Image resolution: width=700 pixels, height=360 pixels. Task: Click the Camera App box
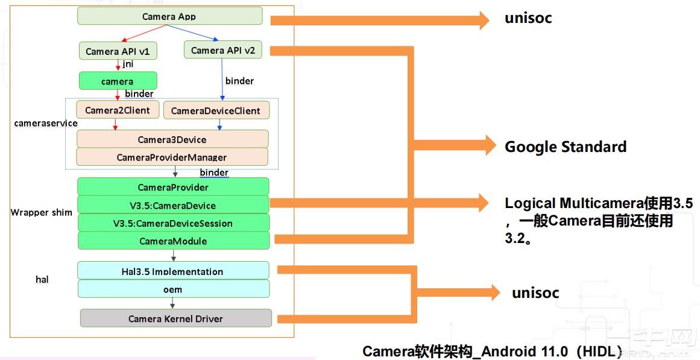coord(169,16)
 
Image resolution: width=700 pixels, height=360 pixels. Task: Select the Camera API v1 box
coord(118,51)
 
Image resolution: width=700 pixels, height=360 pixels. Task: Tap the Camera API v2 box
coord(222,50)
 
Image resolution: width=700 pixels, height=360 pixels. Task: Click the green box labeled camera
coord(118,81)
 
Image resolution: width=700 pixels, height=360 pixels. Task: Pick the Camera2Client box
coord(118,110)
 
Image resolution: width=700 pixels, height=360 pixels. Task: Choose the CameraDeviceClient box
coord(216,110)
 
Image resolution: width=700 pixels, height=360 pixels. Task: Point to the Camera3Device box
coord(172,139)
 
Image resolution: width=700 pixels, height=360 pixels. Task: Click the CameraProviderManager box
coord(172,157)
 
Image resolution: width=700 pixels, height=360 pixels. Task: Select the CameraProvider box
coord(173,187)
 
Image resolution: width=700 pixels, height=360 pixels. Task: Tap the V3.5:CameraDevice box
coord(173,205)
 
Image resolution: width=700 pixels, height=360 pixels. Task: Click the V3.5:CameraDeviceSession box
coord(173,223)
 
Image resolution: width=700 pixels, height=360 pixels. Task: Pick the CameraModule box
coord(173,241)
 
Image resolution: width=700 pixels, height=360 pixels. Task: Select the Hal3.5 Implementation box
coord(173,271)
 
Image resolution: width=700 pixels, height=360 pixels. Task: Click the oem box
coord(173,289)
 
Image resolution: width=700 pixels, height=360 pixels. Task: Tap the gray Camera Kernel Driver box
coord(175,318)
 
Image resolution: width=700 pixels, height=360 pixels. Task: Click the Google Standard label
coord(565,147)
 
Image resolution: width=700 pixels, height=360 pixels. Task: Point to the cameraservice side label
coord(46,123)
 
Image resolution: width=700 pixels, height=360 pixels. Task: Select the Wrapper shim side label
coord(41,212)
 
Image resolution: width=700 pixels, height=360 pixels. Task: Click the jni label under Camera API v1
coord(128,64)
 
